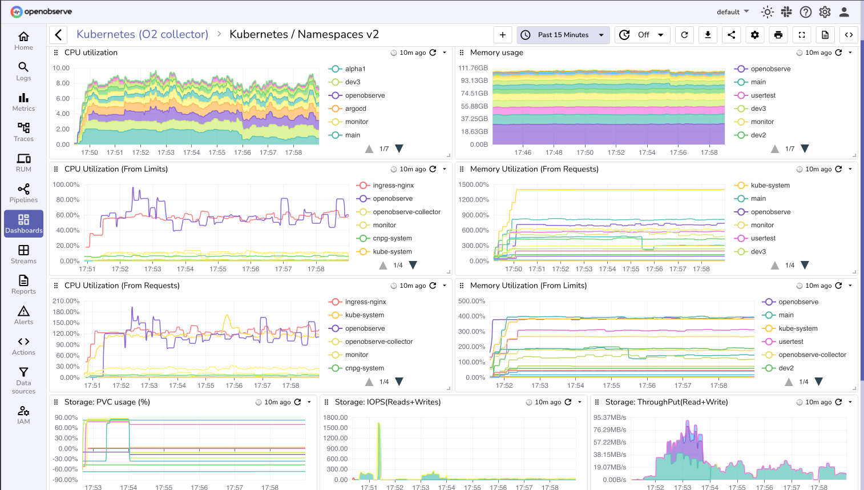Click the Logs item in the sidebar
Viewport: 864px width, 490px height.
pyautogui.click(x=23, y=71)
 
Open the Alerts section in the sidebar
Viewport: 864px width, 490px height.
pyautogui.click(x=23, y=315)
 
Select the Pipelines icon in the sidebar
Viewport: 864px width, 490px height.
pyautogui.click(x=23, y=193)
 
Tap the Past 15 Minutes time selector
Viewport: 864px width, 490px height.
pyautogui.click(x=563, y=35)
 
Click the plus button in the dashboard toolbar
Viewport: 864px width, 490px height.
pyautogui.click(x=502, y=35)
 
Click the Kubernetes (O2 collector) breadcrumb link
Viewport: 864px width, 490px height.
pyautogui.click(x=142, y=34)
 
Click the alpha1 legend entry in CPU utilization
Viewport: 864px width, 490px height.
pyautogui.click(x=355, y=69)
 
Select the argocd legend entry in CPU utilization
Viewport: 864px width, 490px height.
pyautogui.click(x=356, y=109)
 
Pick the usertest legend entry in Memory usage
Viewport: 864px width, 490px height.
pyautogui.click(x=763, y=95)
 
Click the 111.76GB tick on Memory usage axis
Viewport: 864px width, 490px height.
pyautogui.click(x=473, y=68)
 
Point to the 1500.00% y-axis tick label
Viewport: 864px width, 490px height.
pyautogui.click(x=474, y=184)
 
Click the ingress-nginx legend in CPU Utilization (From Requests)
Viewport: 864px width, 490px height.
pyautogui.click(x=365, y=302)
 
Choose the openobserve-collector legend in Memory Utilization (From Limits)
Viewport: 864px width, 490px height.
pyautogui.click(x=812, y=355)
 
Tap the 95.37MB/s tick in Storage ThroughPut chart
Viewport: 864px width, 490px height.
pyautogui.click(x=609, y=417)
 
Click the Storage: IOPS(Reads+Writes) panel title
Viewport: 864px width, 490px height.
pyautogui.click(x=387, y=402)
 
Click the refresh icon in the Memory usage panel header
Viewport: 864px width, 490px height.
pyautogui.click(x=838, y=53)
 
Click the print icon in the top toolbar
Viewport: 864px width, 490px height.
pyautogui.click(x=778, y=35)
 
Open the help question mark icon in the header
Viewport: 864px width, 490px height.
pyautogui.click(x=805, y=12)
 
